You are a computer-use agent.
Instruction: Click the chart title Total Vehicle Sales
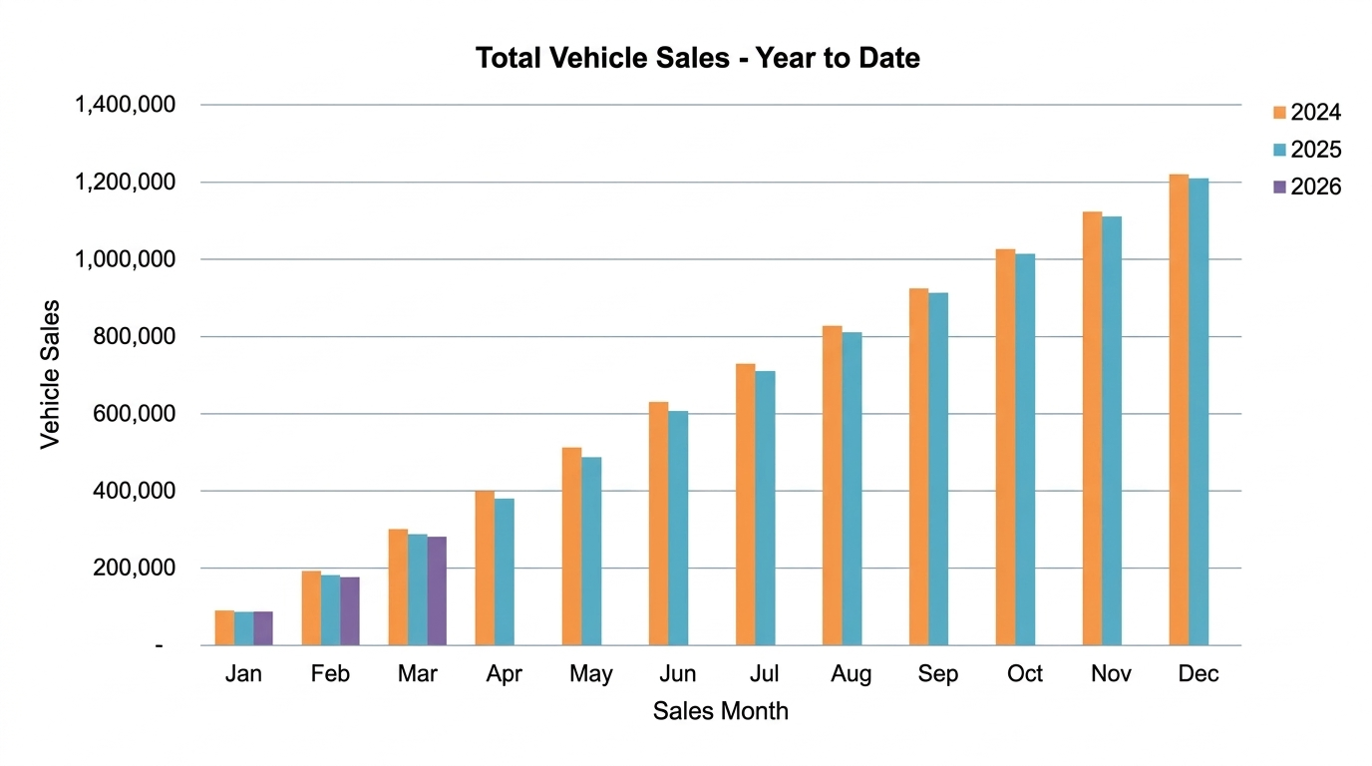697,58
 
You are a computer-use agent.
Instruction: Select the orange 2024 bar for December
1179,410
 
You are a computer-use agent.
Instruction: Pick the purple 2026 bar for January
263,628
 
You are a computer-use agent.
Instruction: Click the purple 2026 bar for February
350,610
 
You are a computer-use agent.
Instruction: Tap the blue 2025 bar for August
852,489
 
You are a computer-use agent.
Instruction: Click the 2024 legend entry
1314,113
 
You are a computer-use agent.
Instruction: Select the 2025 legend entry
1314,150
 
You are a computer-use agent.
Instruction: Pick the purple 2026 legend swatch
1279,187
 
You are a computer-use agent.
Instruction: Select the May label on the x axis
591,674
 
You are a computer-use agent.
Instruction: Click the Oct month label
1025,674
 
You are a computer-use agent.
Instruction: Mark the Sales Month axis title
720,711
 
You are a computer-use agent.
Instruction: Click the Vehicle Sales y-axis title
50,374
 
